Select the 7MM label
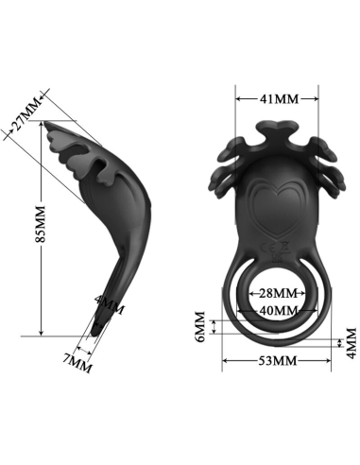76,362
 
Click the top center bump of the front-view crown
276,127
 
